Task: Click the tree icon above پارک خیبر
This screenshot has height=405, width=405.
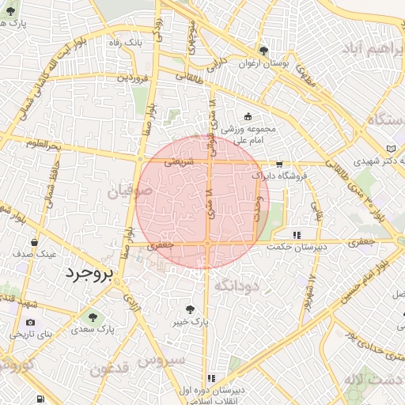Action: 189,309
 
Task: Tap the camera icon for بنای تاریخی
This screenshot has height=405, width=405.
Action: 31,323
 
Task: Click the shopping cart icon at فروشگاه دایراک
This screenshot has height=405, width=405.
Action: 279,165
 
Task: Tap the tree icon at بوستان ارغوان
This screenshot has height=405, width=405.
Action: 264,50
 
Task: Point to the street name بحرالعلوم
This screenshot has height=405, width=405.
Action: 43,145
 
